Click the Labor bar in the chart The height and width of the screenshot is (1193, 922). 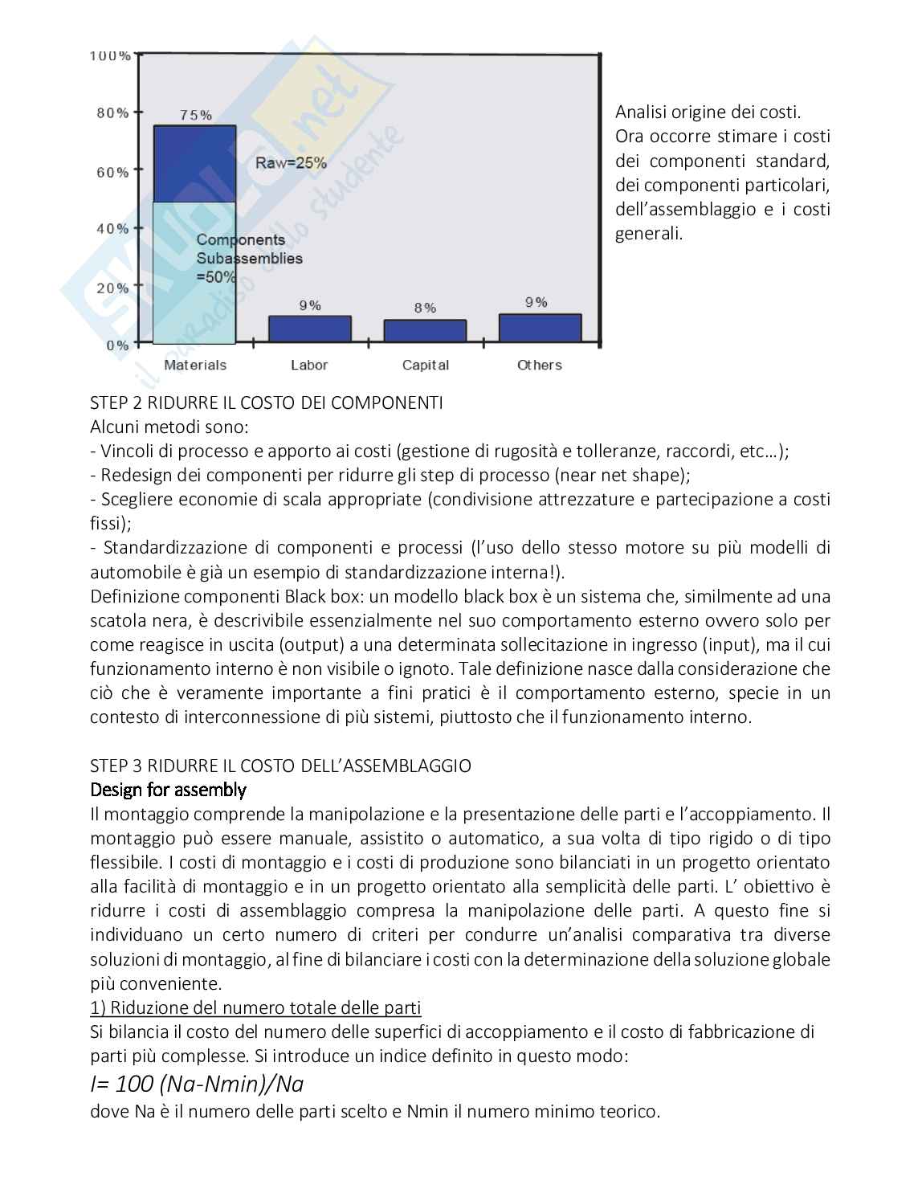(310, 329)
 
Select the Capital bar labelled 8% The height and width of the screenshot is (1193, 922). (425, 331)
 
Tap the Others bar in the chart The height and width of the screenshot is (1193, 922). (540, 328)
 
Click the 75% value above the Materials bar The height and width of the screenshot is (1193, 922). (195, 115)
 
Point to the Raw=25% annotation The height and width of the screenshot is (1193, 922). (291, 163)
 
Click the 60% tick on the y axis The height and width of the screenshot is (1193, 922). (112, 172)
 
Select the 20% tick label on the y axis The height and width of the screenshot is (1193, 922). (112, 288)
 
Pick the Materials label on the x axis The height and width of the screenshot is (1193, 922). (195, 365)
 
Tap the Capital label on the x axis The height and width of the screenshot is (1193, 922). (425, 365)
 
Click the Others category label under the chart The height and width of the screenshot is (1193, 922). (540, 365)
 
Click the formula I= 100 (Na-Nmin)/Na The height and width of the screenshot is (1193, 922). (197, 1084)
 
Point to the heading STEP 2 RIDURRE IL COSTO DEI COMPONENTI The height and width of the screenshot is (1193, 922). (266, 402)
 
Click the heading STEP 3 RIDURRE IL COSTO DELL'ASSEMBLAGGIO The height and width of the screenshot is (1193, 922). (280, 766)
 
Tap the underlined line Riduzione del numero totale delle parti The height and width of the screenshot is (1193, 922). (255, 1007)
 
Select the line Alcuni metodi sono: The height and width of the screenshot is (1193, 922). (169, 427)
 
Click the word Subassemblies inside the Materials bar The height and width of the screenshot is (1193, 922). (250, 259)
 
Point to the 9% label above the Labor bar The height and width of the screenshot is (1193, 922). (310, 305)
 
